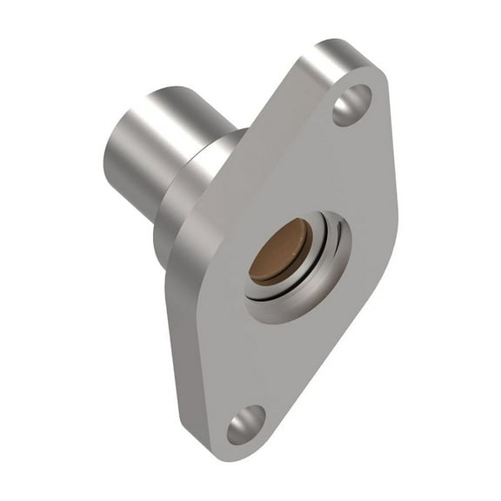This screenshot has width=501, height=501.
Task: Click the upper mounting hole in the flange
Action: point(351,104)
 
